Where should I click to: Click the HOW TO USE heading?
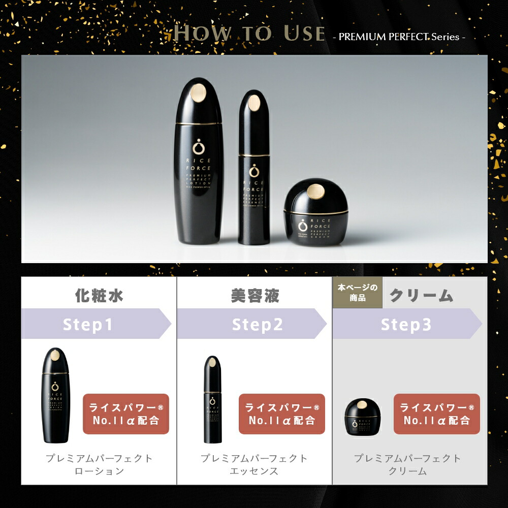point(249,34)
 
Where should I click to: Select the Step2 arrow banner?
point(251,324)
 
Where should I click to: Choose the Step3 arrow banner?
point(406,324)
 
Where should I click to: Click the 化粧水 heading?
point(99,295)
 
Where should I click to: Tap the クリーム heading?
point(421,295)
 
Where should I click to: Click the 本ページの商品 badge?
point(357,293)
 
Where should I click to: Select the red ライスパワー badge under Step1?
point(126,414)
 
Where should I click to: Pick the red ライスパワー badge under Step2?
point(281,414)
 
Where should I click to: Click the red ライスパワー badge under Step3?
point(437,414)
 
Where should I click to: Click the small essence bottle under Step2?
point(212,399)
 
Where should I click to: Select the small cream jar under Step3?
point(362,416)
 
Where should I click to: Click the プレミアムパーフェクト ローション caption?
point(99,464)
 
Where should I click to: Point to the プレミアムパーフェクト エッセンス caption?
point(255,464)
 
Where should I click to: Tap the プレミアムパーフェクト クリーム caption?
point(408,464)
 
